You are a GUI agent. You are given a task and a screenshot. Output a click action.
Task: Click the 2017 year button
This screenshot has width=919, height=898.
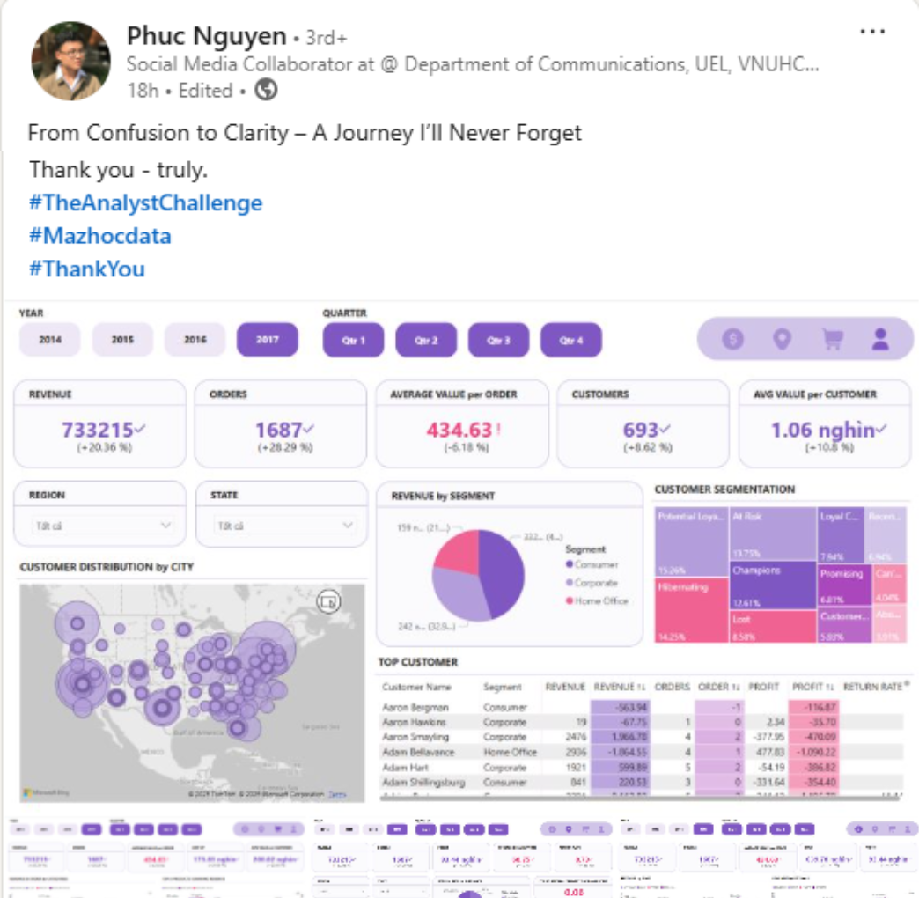pos(267,340)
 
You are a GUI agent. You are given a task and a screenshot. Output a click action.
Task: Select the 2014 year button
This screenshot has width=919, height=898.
pos(50,340)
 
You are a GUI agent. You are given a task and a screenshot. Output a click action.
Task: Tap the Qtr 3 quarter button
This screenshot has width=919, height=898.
pos(498,341)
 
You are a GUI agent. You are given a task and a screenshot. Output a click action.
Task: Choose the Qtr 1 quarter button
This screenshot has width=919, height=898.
pos(353,341)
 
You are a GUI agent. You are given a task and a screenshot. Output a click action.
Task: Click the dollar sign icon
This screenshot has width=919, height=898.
pos(732,339)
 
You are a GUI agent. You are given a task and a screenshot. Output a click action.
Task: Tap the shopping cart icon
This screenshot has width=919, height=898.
pos(832,339)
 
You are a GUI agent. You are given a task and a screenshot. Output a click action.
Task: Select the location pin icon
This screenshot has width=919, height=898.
pos(782,339)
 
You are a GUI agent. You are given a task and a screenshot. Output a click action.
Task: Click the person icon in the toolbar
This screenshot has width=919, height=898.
pos(880,339)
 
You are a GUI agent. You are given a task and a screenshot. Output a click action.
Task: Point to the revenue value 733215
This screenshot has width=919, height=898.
pos(98,430)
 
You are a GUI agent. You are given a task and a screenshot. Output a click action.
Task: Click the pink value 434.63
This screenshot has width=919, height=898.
pos(459,430)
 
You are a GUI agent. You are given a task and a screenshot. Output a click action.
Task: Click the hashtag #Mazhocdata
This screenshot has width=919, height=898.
pos(99,236)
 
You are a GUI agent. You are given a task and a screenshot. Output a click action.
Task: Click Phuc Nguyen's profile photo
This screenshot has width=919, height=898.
pos(71,61)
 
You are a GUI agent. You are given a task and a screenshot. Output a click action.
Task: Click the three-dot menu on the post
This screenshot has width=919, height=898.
pos(871,33)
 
